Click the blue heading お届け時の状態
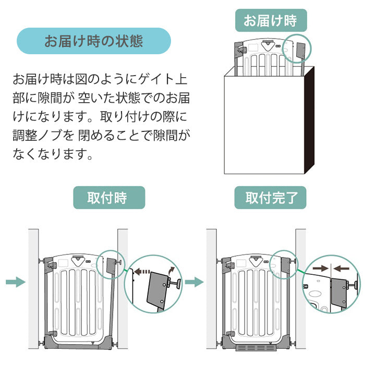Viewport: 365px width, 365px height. [94, 41]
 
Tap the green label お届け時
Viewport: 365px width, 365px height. [270, 21]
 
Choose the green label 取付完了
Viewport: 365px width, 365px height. [270, 198]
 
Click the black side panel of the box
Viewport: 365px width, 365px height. [309, 120]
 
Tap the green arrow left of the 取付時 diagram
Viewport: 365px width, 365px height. [16, 282]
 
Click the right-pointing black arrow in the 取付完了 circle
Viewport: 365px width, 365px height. [320, 268]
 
